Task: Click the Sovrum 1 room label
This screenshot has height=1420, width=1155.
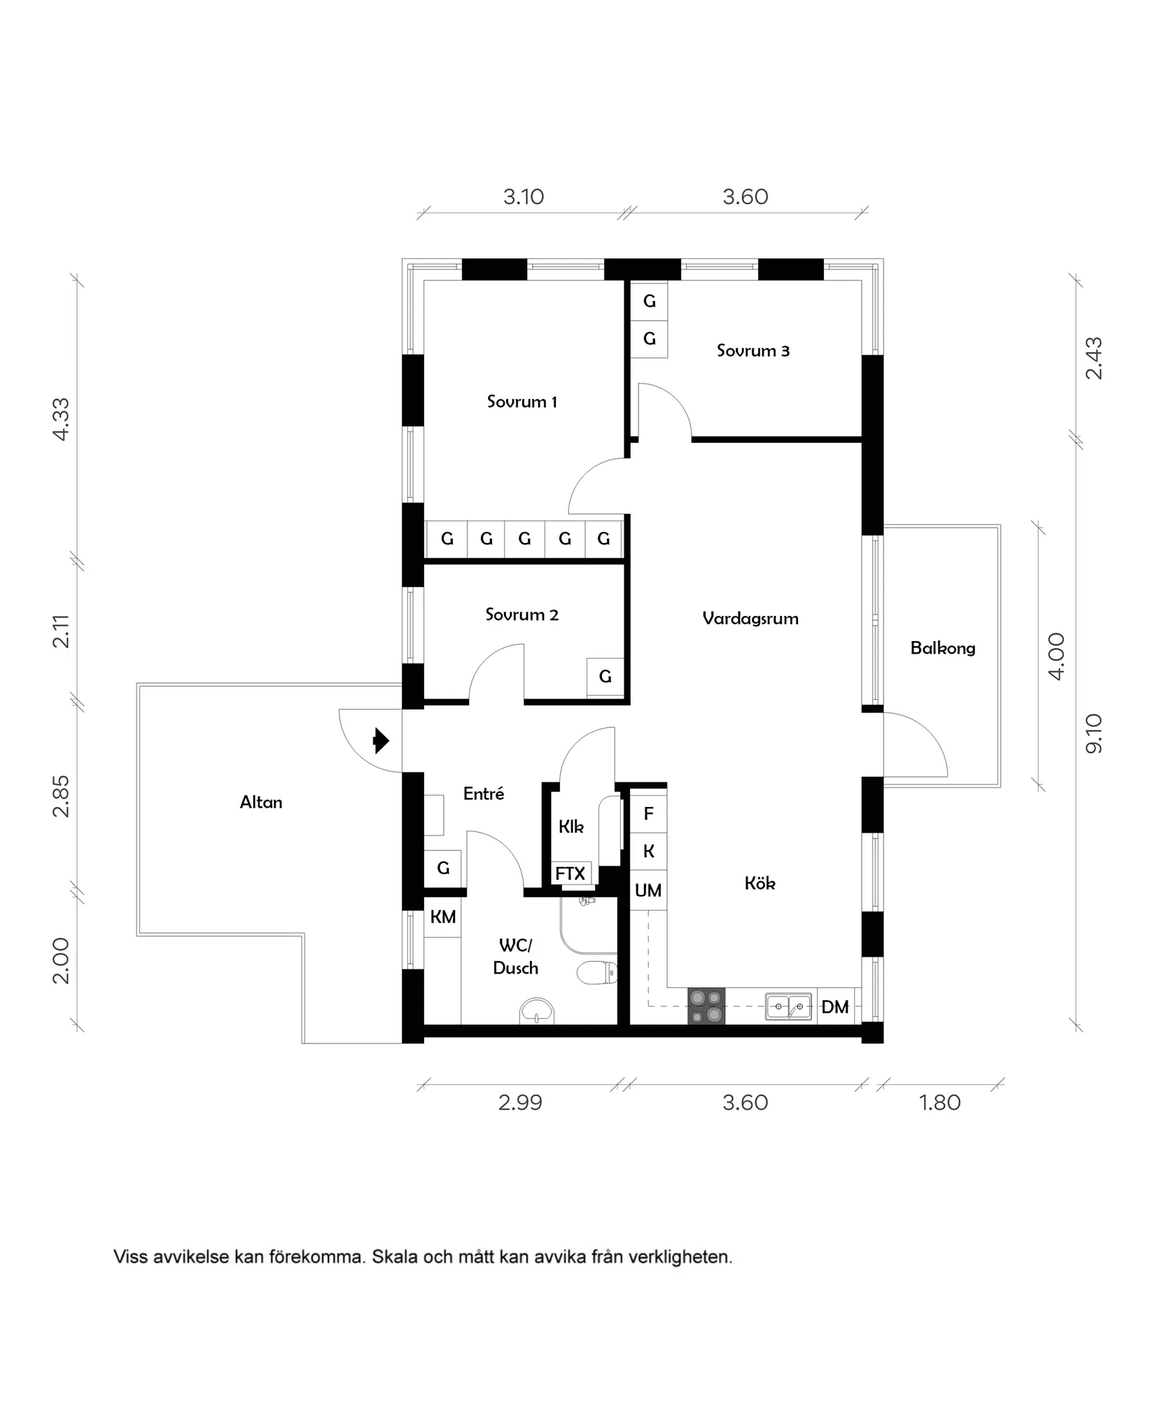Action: click(522, 402)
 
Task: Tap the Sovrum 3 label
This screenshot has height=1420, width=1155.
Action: click(752, 351)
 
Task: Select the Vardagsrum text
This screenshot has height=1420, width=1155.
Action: click(750, 618)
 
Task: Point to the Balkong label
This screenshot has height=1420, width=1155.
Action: click(942, 648)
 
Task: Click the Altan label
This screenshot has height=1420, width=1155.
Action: click(261, 802)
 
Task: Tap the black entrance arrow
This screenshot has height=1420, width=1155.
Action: click(381, 740)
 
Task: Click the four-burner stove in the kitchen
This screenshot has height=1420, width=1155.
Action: click(706, 1006)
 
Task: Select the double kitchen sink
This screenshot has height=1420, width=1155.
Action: click(788, 1006)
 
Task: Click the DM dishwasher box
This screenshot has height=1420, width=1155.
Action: click(835, 1007)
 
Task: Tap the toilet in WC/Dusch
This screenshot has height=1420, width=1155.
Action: click(596, 972)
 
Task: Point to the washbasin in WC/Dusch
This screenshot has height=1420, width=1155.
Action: click(537, 1013)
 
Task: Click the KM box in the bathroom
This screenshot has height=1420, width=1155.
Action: click(442, 917)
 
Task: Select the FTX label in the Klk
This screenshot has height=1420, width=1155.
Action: click(570, 873)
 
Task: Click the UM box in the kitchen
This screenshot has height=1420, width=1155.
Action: click(648, 891)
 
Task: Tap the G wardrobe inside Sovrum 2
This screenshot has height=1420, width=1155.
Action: click(605, 676)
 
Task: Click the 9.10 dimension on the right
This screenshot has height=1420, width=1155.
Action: click(1093, 733)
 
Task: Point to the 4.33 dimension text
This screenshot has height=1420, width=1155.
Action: click(62, 419)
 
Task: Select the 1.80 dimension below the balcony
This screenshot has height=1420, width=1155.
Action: click(939, 1103)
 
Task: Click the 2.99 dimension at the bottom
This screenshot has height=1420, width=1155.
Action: click(520, 1103)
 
